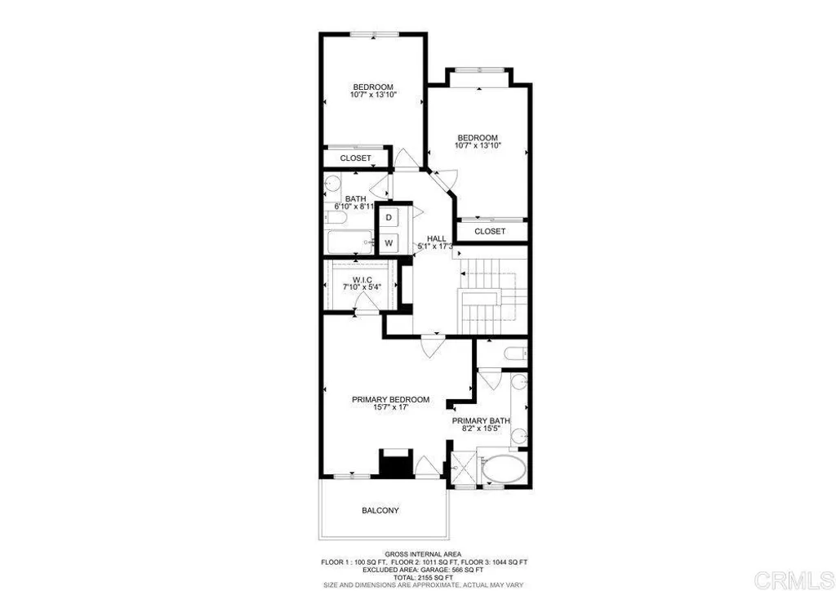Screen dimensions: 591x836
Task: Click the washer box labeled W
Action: coord(389,242)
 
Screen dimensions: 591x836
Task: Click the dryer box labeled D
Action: coord(389,217)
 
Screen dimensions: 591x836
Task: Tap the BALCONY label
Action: coord(380,511)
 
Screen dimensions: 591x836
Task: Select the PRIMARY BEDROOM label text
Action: coord(390,399)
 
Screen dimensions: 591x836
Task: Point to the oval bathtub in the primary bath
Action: coord(504,472)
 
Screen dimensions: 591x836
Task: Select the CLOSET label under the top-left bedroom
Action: coord(355,158)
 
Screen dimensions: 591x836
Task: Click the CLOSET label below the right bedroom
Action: coord(490,232)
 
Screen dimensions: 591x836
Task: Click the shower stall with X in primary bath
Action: coord(462,471)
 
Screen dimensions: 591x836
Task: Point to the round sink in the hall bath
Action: coord(331,184)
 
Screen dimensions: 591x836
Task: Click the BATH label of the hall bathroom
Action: coord(355,199)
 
